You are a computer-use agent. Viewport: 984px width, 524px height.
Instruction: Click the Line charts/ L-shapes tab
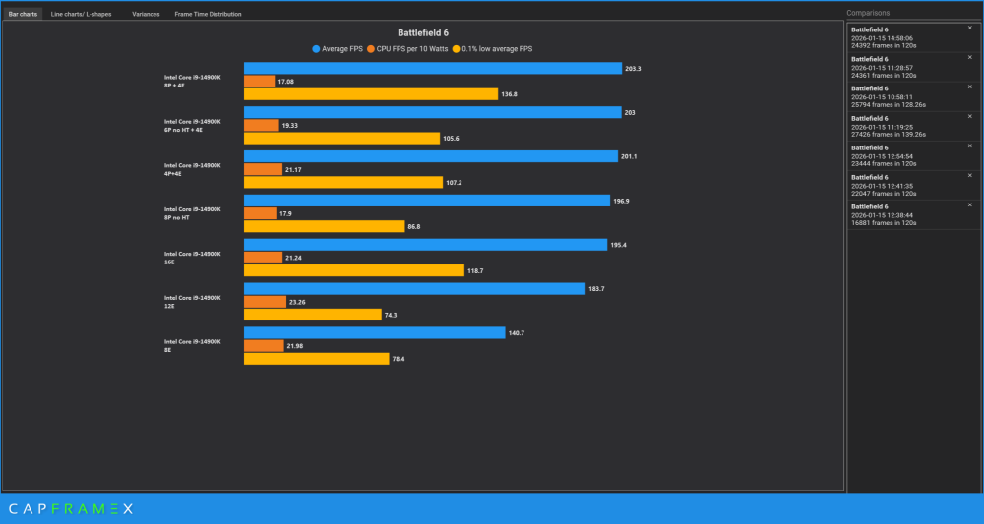click(x=81, y=15)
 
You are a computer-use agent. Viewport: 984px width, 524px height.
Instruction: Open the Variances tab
click(x=146, y=15)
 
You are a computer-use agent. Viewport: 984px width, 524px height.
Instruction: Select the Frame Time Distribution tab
click(x=208, y=15)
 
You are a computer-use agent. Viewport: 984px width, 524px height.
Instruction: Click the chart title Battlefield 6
click(x=423, y=32)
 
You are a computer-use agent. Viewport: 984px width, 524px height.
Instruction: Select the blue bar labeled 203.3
click(x=433, y=69)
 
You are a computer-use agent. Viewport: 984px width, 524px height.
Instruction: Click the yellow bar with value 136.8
click(x=371, y=94)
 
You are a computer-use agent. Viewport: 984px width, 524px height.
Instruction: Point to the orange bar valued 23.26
click(x=264, y=302)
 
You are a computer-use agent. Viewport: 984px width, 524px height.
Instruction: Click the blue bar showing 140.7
click(x=374, y=333)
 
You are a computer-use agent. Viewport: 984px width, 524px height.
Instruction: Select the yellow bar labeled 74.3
click(x=312, y=315)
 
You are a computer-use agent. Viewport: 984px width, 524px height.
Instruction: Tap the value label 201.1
click(x=630, y=156)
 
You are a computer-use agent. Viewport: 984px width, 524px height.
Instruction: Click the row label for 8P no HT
click(x=192, y=212)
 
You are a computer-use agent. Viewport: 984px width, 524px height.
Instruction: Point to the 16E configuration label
click(x=192, y=257)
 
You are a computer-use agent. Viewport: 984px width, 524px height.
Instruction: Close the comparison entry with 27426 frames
click(x=969, y=116)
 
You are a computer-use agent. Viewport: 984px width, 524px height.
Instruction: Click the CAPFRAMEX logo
click(x=71, y=508)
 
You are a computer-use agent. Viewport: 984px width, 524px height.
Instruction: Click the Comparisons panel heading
click(x=868, y=13)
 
